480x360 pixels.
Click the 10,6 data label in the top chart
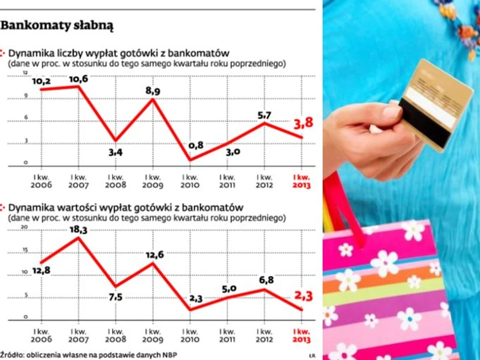78,79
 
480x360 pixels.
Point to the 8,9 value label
153,91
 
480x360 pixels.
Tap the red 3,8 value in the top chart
304,124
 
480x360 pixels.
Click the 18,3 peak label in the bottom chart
78,229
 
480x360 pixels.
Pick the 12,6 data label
154,255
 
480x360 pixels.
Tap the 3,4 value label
115,153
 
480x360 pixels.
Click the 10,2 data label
41,81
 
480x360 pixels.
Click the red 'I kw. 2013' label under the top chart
302,181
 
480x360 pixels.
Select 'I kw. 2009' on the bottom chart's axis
153,335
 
